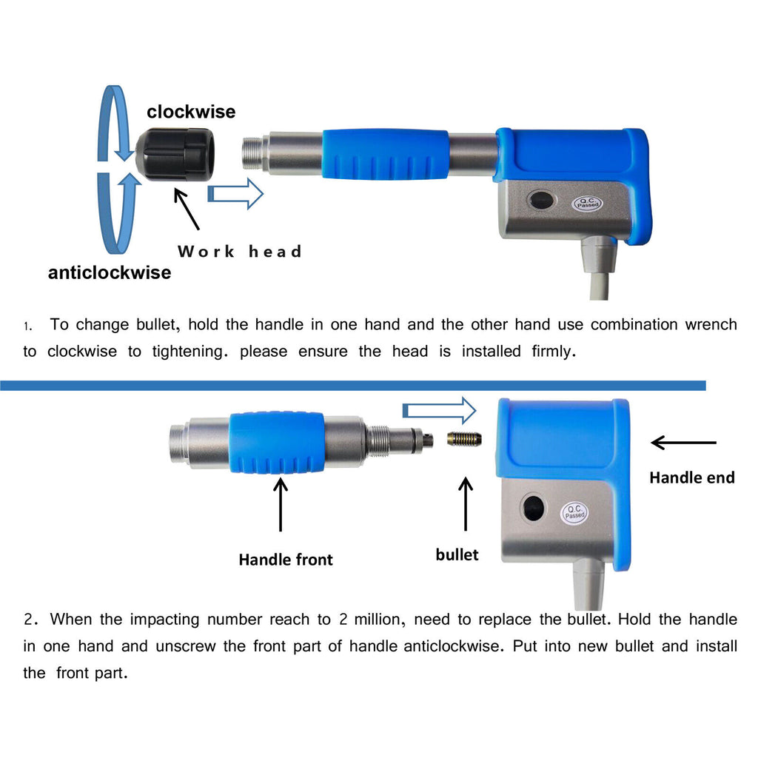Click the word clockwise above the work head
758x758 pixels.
click(x=191, y=112)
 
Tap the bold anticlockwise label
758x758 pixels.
click(x=110, y=272)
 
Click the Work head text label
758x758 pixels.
click(x=240, y=252)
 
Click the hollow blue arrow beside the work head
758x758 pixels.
click(x=235, y=194)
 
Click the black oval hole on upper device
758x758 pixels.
click(x=540, y=201)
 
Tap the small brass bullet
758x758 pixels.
click(x=464, y=440)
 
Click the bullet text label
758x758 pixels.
click(x=457, y=554)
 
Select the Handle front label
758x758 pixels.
click(x=286, y=560)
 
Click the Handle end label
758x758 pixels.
click(x=691, y=477)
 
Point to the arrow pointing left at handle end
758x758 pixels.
click(x=683, y=443)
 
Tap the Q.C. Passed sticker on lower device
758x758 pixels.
click(x=574, y=512)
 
